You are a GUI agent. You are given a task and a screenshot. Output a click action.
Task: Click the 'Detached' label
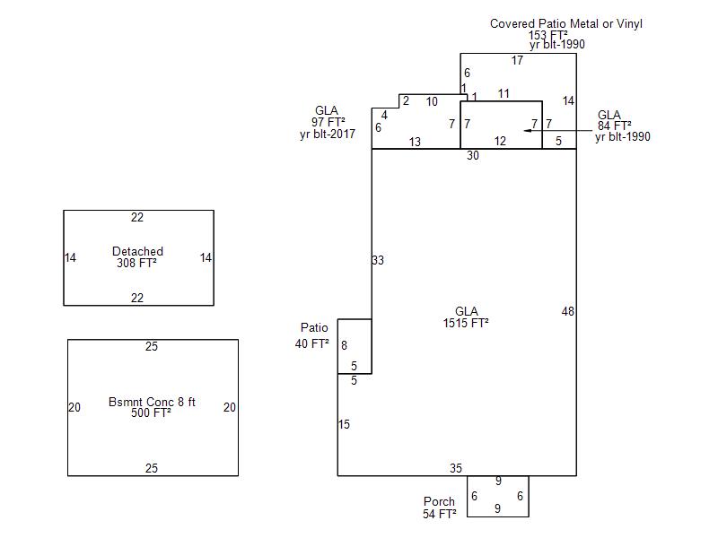(x=137, y=251)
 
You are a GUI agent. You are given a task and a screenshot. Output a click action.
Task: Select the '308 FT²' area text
(x=137, y=264)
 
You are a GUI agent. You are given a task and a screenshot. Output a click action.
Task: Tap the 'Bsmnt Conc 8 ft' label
(x=152, y=402)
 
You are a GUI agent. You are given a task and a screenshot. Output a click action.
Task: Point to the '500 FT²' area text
(x=151, y=413)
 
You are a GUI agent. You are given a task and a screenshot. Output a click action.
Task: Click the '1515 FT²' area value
(x=466, y=323)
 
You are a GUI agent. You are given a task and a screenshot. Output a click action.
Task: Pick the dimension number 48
(x=567, y=311)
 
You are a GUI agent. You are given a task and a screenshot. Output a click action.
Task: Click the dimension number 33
(x=378, y=260)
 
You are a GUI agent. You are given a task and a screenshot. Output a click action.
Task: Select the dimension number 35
(x=456, y=468)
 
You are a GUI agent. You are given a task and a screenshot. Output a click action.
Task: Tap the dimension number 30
(x=473, y=156)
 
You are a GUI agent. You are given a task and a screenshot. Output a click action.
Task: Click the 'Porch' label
(x=439, y=501)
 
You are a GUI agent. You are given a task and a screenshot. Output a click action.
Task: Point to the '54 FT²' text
(x=440, y=514)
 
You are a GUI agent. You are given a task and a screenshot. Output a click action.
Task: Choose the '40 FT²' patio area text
(x=312, y=343)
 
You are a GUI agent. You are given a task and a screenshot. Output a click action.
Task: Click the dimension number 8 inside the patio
(x=344, y=345)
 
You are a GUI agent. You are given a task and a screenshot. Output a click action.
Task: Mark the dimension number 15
(x=344, y=424)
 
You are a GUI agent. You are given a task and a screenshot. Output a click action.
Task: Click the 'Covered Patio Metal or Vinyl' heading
(x=565, y=24)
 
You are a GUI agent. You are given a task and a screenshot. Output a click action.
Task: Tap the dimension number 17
(x=518, y=61)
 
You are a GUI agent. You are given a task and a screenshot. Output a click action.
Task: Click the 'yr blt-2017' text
(x=328, y=134)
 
